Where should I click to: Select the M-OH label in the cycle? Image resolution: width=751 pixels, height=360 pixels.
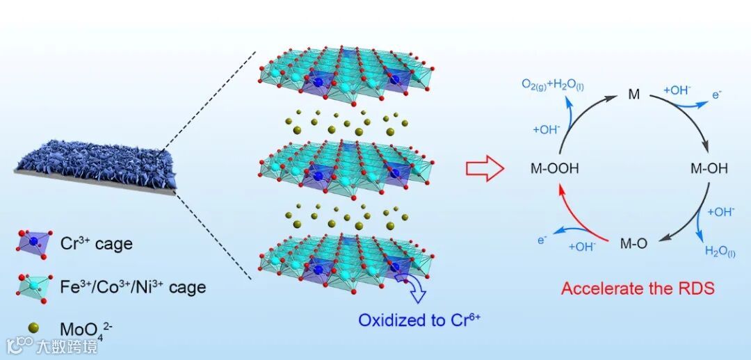click(x=709, y=168)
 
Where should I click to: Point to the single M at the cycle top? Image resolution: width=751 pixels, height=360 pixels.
click(x=633, y=93)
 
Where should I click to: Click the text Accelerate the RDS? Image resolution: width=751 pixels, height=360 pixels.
click(x=638, y=288)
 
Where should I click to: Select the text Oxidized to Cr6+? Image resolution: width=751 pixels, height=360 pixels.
click(x=419, y=320)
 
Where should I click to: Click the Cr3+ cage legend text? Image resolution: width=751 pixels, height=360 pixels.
click(x=97, y=244)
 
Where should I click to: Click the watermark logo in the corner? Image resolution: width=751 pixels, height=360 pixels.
click(x=21, y=344)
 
